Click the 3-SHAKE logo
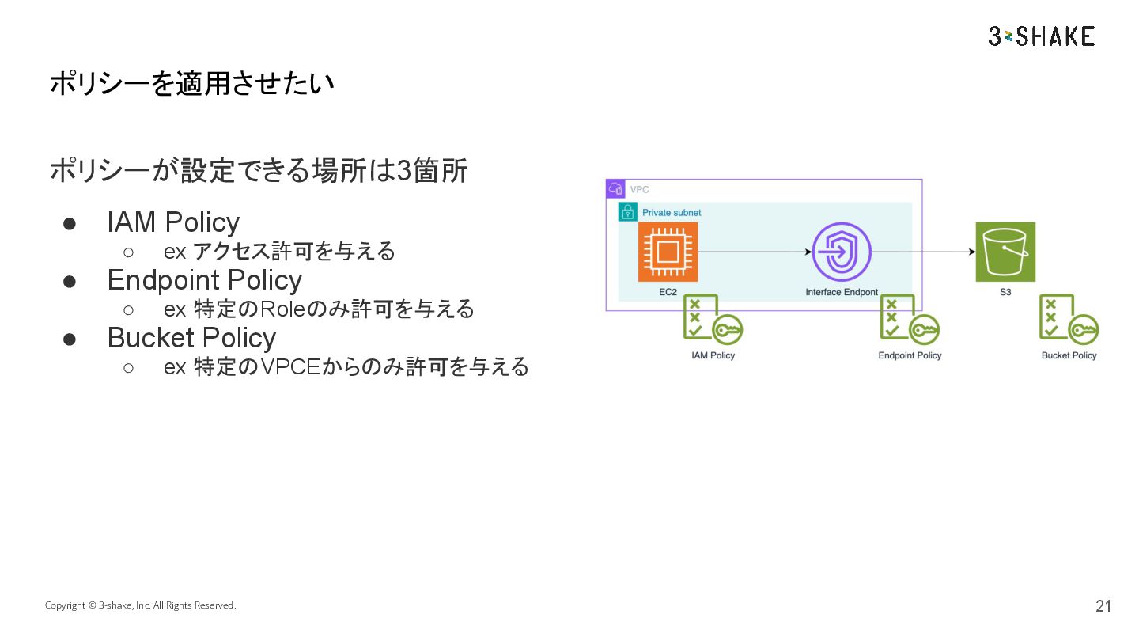(x=1041, y=36)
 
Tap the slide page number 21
(x=1103, y=606)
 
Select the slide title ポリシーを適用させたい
(x=191, y=83)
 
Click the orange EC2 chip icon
(x=668, y=252)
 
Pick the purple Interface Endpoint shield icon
(x=842, y=252)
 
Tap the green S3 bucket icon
(x=1005, y=252)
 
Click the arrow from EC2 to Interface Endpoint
(x=755, y=252)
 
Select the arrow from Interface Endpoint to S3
(x=923, y=252)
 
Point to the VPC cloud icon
(x=615, y=189)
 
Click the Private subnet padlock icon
(x=627, y=212)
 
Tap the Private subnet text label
(x=672, y=213)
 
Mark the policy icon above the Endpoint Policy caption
(x=910, y=320)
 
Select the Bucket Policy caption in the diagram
(x=1069, y=355)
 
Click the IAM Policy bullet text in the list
(x=173, y=222)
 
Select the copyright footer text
(x=140, y=605)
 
